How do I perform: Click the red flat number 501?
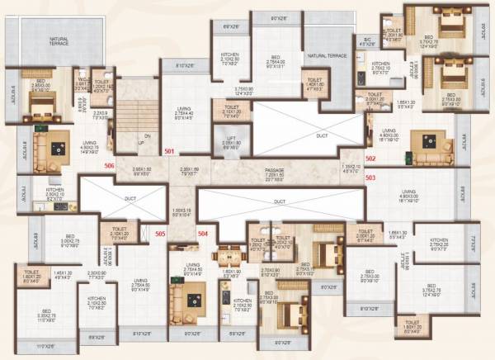click(x=170, y=152)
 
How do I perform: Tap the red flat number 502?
click(x=370, y=158)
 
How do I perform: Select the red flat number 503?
click(x=370, y=177)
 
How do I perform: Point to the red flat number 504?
click(x=204, y=234)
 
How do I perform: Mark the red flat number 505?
click(x=161, y=234)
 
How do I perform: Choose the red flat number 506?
click(x=109, y=165)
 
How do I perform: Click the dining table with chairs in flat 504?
click(x=229, y=256)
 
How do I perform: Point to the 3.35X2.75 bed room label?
click(x=47, y=315)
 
